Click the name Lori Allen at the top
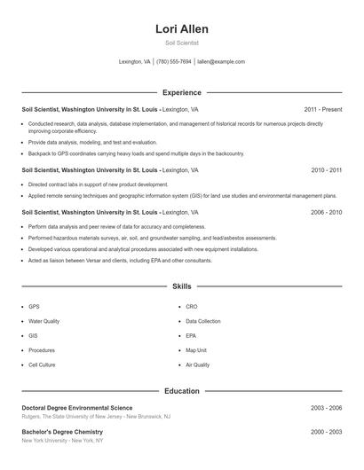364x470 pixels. pos(182,28)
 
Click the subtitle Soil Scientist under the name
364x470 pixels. pos(182,43)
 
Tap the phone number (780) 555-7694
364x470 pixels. pos(175,62)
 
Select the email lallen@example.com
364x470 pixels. pos(221,62)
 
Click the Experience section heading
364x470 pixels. pos(182,92)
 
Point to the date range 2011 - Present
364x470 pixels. pos(322,109)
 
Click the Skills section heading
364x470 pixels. pos(182,286)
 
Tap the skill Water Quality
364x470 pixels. pos(44,321)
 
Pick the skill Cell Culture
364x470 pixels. pos(42,364)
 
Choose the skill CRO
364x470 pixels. pos(192,306)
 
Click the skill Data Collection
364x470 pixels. pos(203,321)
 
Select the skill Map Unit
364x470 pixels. pos(196,350)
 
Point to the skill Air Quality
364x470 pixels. pos(198,364)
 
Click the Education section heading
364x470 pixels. pos(182,390)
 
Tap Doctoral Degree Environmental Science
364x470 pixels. pos(77,407)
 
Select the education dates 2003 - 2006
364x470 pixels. pos(327,407)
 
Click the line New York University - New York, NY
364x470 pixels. pos(62,440)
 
